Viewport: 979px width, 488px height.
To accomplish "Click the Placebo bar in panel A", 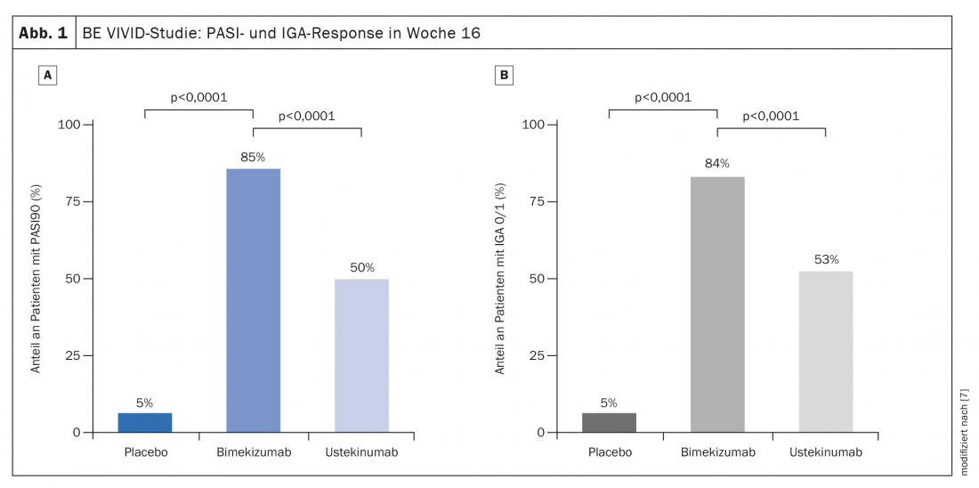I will tap(145, 423).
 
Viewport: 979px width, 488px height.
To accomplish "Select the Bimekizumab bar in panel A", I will tap(254, 300).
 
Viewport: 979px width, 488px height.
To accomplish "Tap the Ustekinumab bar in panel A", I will tap(361, 355).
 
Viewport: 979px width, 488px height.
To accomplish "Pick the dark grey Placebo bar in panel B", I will tap(609, 423).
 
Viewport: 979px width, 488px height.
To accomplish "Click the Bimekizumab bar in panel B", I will tap(717, 305).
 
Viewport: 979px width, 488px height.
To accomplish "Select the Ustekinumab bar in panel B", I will tap(826, 352).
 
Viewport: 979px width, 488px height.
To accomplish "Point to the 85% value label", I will tap(253, 158).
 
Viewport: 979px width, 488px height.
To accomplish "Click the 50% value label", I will tap(362, 267).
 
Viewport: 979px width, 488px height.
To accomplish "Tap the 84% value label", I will tap(717, 164).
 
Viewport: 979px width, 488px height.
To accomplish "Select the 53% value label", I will tap(827, 260).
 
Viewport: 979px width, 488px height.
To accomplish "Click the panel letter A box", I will tap(48, 76).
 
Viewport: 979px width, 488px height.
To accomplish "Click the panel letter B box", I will tap(504, 76).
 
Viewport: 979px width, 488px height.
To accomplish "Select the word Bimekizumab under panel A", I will tap(253, 452).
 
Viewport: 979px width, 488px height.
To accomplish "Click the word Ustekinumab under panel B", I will tap(826, 452).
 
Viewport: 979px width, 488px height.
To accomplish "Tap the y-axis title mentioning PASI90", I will tap(36, 278).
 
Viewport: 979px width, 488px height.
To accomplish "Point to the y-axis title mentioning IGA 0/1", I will tap(500, 278).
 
